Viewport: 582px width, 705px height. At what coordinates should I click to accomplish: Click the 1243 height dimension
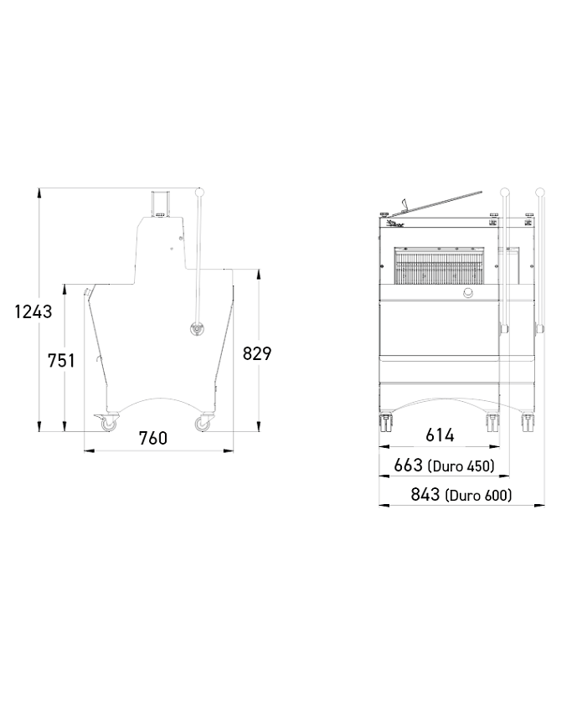33,311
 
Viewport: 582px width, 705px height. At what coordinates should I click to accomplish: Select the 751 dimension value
61,361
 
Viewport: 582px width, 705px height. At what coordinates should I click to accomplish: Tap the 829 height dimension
257,354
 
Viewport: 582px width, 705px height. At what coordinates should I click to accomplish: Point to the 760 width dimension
153,438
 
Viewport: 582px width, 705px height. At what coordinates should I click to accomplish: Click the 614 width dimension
440,435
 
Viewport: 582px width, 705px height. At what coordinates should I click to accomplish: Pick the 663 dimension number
408,465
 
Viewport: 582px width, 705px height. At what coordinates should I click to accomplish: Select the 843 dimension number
425,494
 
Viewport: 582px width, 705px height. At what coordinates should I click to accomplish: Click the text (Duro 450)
461,466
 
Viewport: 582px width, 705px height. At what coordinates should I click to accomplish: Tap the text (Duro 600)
478,496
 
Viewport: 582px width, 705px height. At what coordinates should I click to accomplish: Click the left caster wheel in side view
108,424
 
